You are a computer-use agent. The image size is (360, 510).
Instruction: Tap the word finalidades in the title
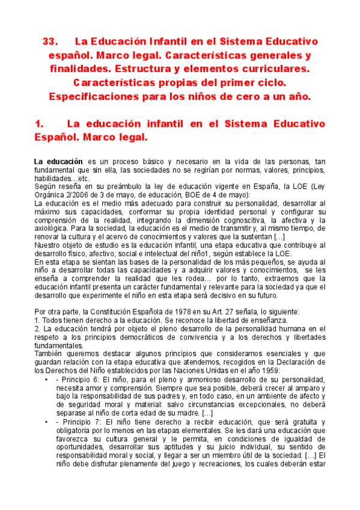pyautogui.click(x=82, y=69)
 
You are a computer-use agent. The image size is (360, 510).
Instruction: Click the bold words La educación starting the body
pyautogui.click(x=58, y=162)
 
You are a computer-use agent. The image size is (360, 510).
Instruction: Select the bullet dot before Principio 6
pyautogui.click(x=47, y=379)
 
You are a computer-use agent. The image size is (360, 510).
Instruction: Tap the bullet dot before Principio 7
pyautogui.click(x=47, y=422)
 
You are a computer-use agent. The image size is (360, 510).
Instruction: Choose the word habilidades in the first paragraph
pyautogui.click(x=52, y=179)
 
